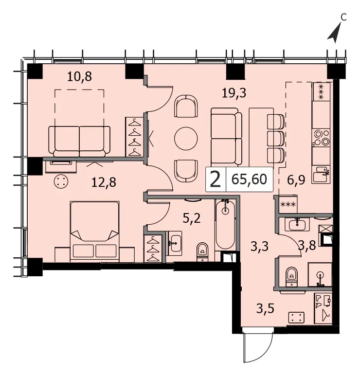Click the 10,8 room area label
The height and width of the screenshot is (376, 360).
point(79,77)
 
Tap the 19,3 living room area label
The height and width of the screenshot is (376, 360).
point(234,93)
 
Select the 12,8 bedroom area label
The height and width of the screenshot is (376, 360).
point(104,182)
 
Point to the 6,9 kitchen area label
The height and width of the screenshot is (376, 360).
point(296,180)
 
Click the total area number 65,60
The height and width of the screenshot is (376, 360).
point(249,179)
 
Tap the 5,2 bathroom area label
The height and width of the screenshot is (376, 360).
point(192,218)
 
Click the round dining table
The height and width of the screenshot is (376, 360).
point(186,139)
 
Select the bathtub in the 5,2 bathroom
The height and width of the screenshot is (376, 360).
point(225,224)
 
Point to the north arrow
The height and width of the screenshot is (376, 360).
point(335,33)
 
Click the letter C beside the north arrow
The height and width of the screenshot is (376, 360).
point(343,17)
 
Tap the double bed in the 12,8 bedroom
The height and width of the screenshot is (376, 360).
point(95,231)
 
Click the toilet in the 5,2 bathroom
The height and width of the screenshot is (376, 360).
point(203,252)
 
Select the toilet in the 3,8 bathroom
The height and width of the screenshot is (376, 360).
point(291,276)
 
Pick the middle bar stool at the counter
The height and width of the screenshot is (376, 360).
point(276,138)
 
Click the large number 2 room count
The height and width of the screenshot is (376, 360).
point(215,180)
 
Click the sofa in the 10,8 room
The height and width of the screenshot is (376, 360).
point(79,141)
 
